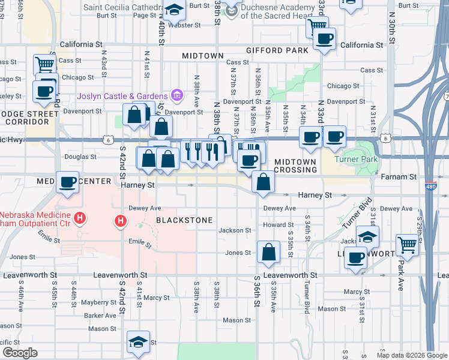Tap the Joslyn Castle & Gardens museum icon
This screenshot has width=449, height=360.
176,95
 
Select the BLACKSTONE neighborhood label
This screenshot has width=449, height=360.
184,220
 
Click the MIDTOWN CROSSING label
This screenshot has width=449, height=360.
295,166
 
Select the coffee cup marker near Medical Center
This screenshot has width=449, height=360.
68,181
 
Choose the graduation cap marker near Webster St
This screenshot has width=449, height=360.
175,10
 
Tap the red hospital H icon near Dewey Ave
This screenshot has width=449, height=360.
121,222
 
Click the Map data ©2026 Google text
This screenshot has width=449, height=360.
412,355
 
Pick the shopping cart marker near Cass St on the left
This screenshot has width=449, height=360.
45,64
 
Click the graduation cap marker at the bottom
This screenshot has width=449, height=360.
138,343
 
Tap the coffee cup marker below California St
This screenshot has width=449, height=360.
325,40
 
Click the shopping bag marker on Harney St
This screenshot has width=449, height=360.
263,181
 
